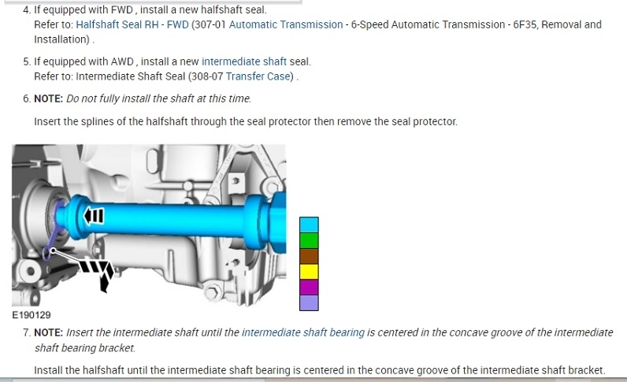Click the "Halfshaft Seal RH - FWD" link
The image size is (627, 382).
132,24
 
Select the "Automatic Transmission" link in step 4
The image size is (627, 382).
286,24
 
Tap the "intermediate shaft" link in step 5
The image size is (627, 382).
244,61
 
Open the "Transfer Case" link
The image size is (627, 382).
258,76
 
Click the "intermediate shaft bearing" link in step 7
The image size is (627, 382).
303,333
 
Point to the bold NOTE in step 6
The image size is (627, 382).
48,98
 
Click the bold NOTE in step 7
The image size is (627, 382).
48,333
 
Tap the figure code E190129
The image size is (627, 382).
32,315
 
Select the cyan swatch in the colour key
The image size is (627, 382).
309,224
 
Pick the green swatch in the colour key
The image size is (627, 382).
309,240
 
